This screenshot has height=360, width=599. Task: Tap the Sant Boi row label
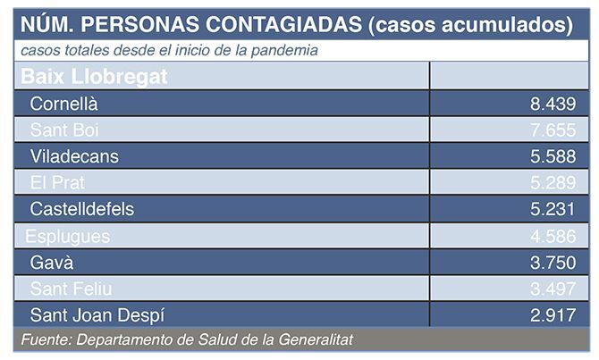63,130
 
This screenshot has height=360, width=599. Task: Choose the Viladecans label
74,156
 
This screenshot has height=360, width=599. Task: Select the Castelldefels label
82,209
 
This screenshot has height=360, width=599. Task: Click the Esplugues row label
68,236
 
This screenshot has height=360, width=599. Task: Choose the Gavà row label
52,263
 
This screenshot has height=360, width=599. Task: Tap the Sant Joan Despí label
97,314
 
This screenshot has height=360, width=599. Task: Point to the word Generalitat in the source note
316,340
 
